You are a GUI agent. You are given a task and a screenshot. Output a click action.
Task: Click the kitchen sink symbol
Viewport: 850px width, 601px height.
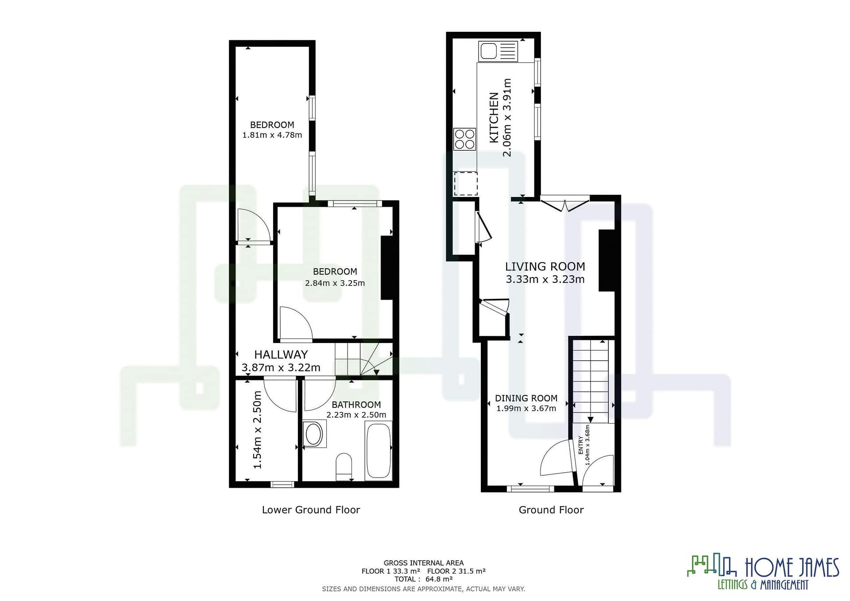[498, 51]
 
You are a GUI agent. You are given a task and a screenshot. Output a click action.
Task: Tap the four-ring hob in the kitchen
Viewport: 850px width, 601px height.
[465, 139]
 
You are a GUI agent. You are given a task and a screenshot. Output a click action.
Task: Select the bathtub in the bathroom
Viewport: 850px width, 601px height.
[379, 451]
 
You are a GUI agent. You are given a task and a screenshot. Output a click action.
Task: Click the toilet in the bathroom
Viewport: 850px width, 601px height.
[344, 466]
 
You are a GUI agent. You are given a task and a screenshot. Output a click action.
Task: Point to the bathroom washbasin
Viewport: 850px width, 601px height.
[314, 434]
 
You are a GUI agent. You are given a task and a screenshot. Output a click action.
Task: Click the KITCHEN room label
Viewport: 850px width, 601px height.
[494, 117]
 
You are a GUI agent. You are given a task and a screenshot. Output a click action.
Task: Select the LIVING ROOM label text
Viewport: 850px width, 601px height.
[545, 266]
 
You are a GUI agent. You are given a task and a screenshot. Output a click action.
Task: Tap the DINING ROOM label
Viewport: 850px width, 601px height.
[526, 398]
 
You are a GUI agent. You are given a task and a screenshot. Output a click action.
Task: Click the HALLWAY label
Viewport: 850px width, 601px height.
[281, 354]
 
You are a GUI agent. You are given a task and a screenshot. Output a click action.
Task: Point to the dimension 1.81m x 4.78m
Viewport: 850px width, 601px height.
[272, 135]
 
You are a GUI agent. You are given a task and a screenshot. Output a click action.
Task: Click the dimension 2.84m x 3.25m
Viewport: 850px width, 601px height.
[335, 283]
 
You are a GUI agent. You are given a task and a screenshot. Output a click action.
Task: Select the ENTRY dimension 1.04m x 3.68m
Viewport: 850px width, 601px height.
[587, 445]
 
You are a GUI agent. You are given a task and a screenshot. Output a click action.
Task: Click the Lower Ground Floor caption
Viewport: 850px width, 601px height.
[311, 510]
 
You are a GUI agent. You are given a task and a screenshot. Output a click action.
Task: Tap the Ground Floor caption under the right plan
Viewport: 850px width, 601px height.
[551, 510]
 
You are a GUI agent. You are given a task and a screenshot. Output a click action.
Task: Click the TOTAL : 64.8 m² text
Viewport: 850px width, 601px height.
[424, 579]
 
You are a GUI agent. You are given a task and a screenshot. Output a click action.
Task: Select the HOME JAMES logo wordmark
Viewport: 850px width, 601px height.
[792, 568]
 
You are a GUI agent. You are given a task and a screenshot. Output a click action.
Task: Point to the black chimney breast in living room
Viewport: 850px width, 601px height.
[607, 260]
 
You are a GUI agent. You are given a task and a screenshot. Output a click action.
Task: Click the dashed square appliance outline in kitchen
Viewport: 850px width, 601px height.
[466, 184]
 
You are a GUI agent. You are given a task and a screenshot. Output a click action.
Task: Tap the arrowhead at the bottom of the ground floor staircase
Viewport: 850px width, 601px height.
[590, 420]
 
